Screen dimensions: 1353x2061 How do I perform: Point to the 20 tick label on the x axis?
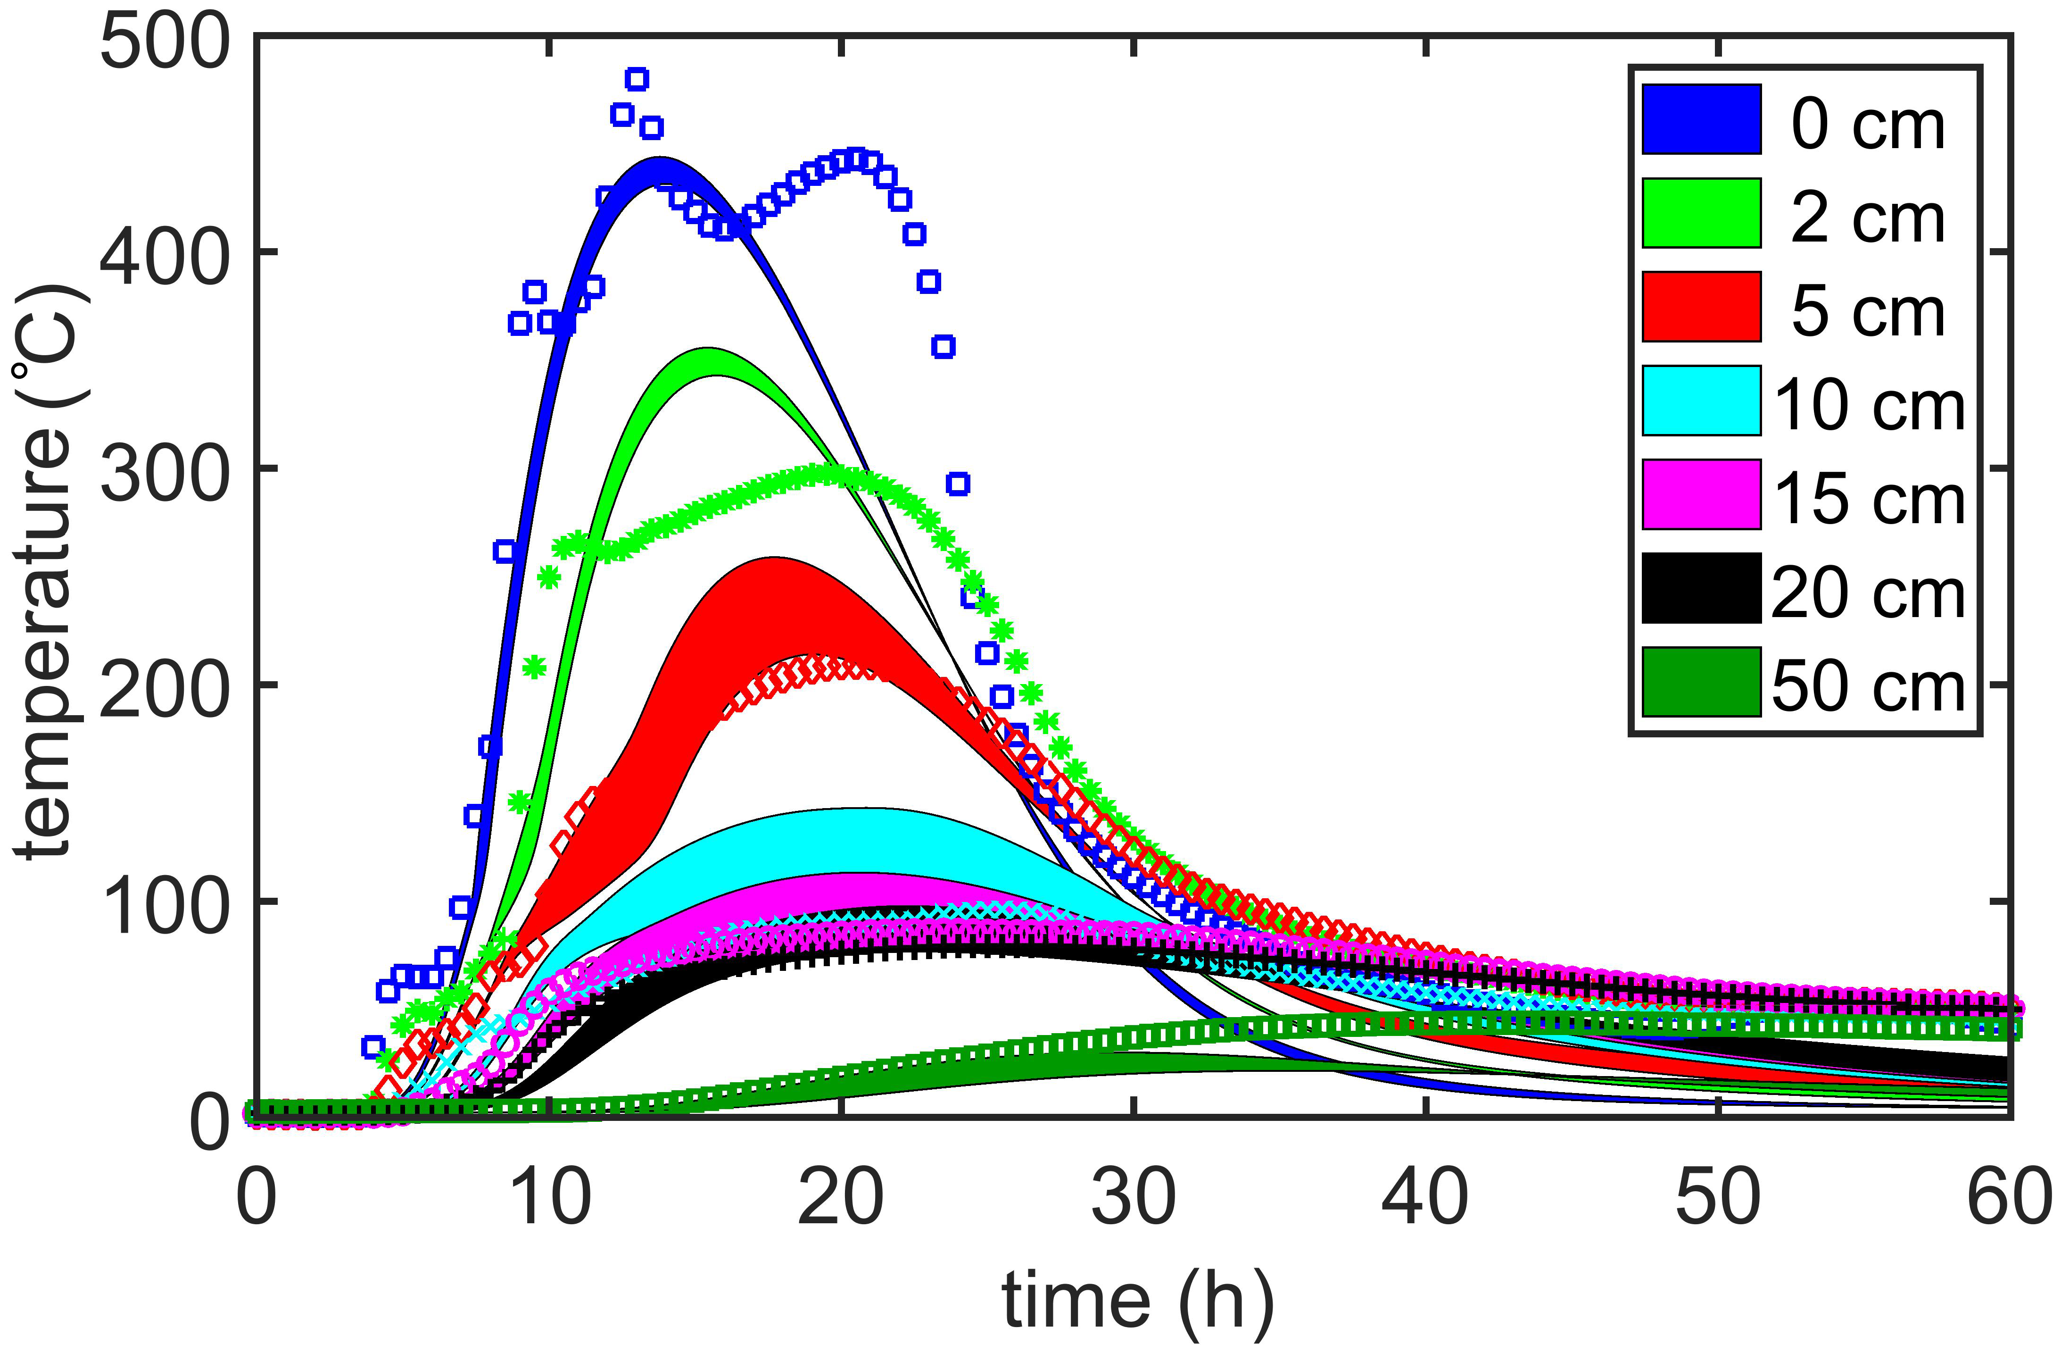click(840, 1198)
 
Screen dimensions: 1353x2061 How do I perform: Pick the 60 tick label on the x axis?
click(2007, 1198)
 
